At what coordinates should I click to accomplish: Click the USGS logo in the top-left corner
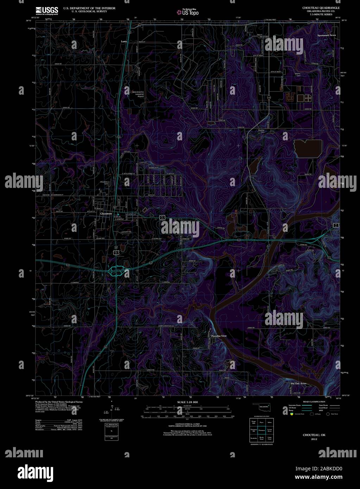(47, 11)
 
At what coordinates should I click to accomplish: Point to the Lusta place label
(124, 41)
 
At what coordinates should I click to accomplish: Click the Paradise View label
(219, 336)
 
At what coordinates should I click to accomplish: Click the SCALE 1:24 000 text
(188, 402)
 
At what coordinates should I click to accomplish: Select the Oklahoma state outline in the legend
(262, 407)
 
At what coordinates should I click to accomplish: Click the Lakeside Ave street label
(127, 232)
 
